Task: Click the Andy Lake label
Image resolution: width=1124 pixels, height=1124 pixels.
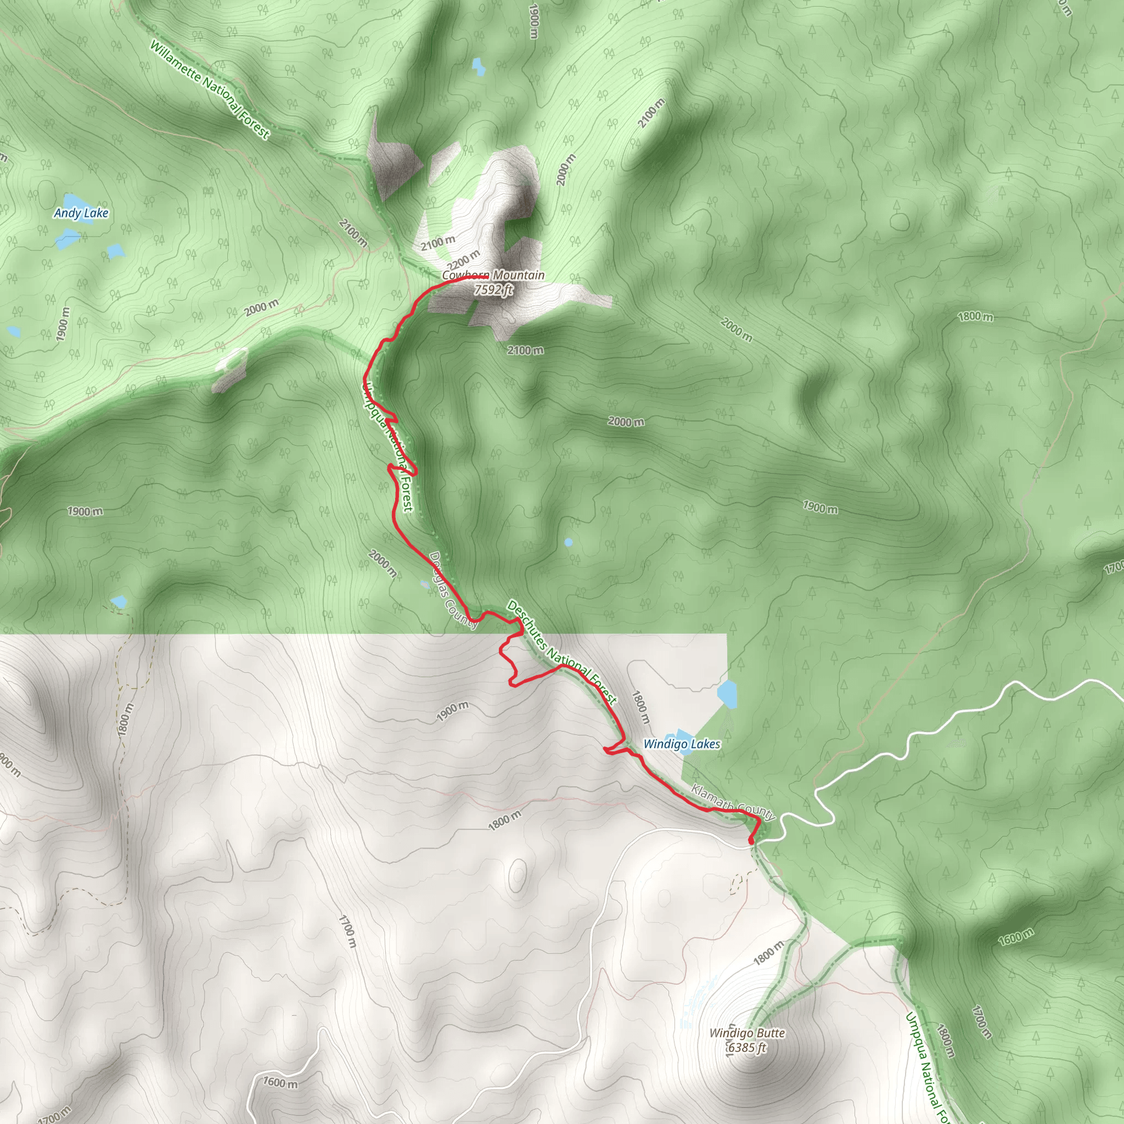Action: coord(81,213)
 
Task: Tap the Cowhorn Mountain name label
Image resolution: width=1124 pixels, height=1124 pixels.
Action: coord(493,275)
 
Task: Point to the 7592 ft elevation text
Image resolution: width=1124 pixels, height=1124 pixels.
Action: coord(493,289)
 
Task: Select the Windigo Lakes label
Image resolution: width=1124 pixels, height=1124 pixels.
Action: coord(682,744)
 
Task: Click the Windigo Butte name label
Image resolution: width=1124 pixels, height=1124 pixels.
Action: coord(747,1033)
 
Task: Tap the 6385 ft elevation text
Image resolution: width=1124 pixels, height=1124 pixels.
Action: coord(747,1048)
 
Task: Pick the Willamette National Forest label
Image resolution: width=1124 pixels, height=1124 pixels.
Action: coord(210,89)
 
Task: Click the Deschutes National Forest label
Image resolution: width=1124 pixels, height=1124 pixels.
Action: coord(561,652)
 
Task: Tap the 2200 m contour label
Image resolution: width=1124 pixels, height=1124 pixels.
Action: coord(464,260)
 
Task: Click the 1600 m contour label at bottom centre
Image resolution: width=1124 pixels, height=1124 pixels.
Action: coord(280,1083)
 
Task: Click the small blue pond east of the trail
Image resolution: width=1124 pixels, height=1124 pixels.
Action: coord(569,542)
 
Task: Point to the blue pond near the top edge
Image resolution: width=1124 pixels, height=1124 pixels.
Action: coord(478,66)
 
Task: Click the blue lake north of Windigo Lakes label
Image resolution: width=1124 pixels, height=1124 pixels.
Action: coord(727,692)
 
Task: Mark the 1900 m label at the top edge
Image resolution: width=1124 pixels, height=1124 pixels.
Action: coord(534,21)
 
